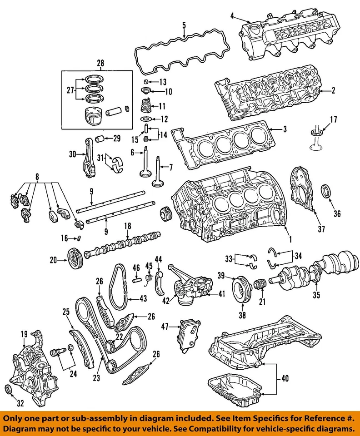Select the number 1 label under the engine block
pos(285,238)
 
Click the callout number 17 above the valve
pos(333,120)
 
